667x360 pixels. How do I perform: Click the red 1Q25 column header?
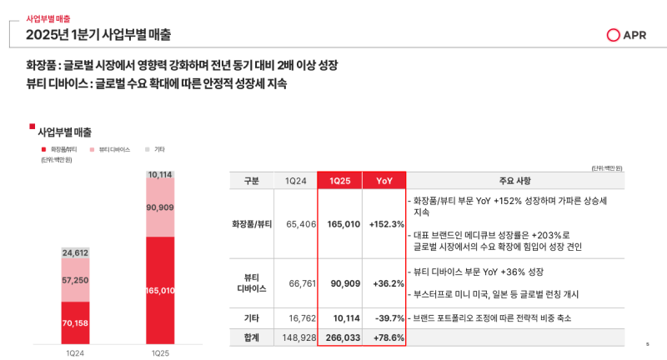click(339, 182)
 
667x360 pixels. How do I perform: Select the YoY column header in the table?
click(384, 182)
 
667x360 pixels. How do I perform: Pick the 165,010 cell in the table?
click(343, 224)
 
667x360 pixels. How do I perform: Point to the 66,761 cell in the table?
click(298, 283)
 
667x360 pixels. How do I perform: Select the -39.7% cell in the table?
click(389, 318)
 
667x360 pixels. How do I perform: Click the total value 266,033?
click(343, 337)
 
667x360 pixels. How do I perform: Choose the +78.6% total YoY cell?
click(388, 337)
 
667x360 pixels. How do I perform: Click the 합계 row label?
click(252, 337)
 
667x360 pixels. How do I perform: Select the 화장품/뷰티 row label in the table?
click(252, 224)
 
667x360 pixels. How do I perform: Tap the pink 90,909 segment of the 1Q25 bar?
click(159, 207)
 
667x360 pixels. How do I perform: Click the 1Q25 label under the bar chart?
click(159, 353)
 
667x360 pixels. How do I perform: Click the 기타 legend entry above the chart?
click(155, 149)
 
